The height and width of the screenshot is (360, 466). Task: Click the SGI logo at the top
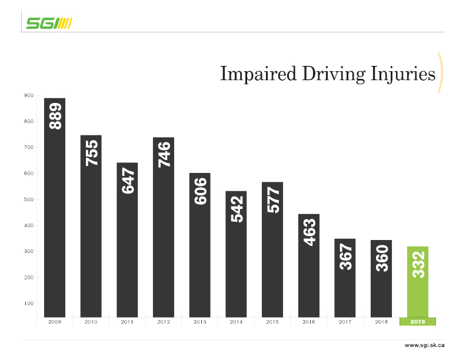49,23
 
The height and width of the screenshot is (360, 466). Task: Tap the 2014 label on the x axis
236,322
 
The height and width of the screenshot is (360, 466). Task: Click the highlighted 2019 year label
418,322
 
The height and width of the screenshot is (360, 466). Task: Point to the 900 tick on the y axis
29,96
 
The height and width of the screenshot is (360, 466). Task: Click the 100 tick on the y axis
29,304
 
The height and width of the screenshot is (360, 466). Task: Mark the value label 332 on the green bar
418,265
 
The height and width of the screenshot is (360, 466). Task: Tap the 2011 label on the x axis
127,322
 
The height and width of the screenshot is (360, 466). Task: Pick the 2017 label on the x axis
345,322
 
